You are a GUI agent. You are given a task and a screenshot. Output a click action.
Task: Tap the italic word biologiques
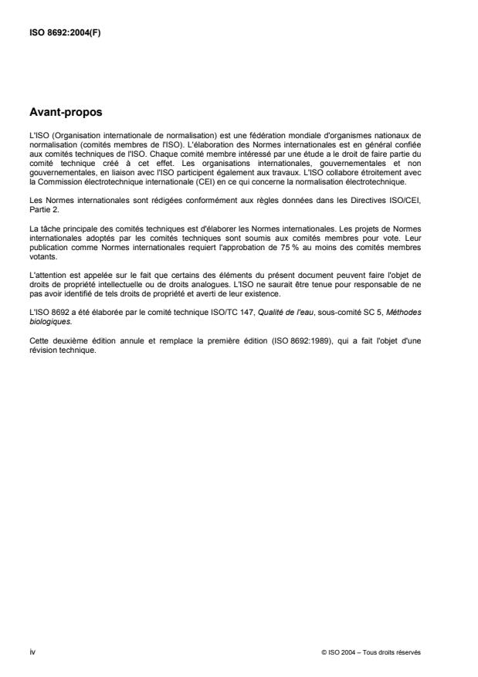(49, 300)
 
